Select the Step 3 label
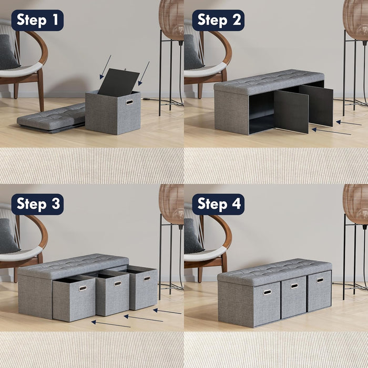click(37, 204)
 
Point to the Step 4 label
click(218, 204)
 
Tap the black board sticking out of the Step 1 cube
click(118, 82)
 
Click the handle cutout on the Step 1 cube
click(129, 101)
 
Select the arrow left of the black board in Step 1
click(105, 67)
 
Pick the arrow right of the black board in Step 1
click(144, 73)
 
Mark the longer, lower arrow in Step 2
click(331, 131)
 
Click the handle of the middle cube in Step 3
click(118, 283)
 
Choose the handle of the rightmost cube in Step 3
click(147, 279)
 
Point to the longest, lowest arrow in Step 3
click(111, 323)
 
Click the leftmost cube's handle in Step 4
click(267, 292)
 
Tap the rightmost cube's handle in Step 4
click(320, 280)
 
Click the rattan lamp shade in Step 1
click(171, 19)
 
